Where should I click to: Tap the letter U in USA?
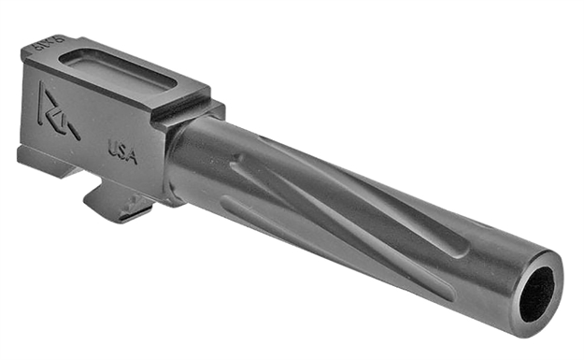point(112,148)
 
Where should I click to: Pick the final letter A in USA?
point(133,158)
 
